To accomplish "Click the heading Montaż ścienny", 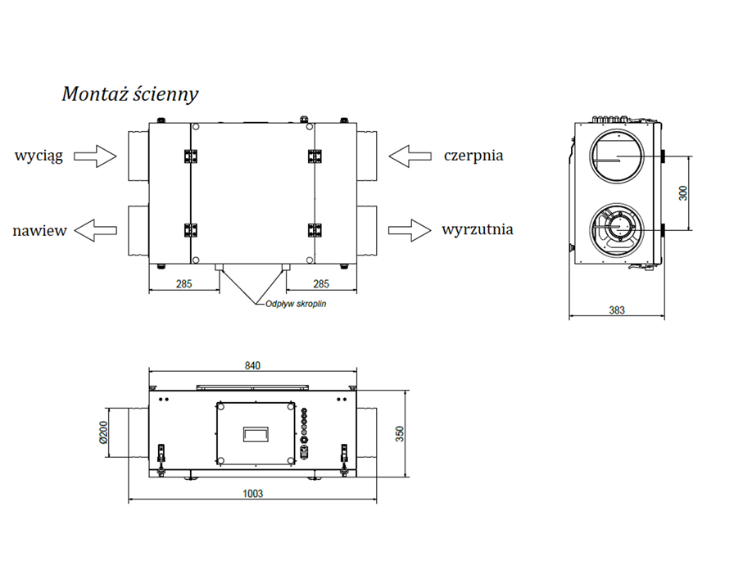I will (130, 94).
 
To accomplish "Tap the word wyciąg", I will (39, 155).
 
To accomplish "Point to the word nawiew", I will (39, 231).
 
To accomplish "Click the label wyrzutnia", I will (478, 229).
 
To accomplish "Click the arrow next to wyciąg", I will (97, 156).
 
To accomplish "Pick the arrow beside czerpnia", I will (410, 155).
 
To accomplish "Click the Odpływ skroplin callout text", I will (295, 304).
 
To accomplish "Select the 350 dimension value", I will (400, 433).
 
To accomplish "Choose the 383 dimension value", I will (617, 310).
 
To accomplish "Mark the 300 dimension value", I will (685, 193).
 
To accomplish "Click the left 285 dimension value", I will (183, 284).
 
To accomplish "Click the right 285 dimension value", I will (321, 284).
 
